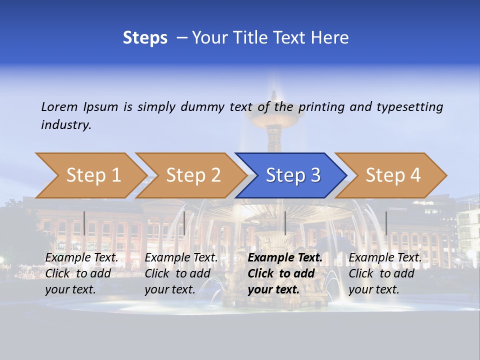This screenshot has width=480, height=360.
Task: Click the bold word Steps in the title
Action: (x=145, y=37)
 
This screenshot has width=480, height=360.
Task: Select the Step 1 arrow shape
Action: (x=90, y=175)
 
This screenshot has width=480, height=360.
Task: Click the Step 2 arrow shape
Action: (x=192, y=175)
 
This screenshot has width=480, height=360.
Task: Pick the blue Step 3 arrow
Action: (x=292, y=175)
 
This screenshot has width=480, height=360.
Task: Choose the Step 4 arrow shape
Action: (x=392, y=175)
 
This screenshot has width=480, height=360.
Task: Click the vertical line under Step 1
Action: (x=84, y=223)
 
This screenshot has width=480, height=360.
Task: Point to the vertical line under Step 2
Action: (x=184, y=223)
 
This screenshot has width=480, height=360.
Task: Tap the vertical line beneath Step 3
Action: (x=285, y=223)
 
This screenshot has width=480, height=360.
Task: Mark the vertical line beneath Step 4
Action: (x=386, y=223)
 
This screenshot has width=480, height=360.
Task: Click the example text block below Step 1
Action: (x=81, y=273)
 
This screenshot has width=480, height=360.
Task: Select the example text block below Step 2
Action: (x=181, y=273)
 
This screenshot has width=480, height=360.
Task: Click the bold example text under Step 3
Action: (x=285, y=273)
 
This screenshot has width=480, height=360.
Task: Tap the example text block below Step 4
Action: (x=385, y=273)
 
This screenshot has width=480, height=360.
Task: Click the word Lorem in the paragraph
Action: (x=59, y=106)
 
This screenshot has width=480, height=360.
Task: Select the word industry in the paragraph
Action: (x=66, y=124)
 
